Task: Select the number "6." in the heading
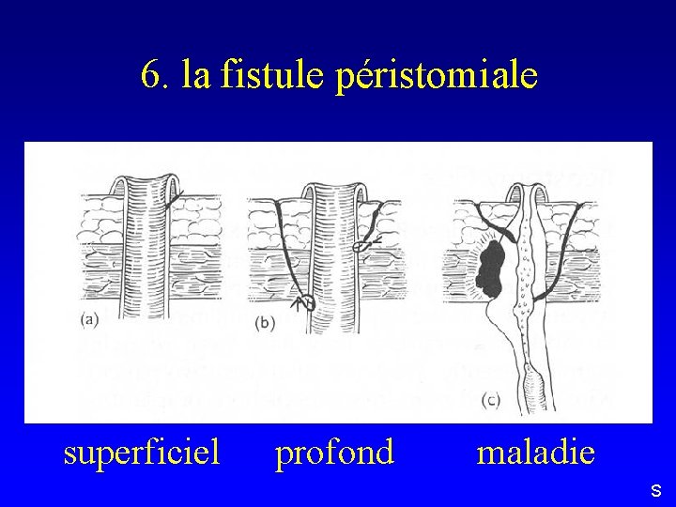(x=155, y=74)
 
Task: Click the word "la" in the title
(x=196, y=74)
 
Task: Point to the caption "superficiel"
(x=141, y=453)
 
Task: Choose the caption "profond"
(x=334, y=453)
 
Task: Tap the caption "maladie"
(x=535, y=453)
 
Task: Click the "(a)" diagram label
(x=90, y=319)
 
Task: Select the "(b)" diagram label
(x=266, y=322)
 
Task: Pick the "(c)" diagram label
(x=490, y=400)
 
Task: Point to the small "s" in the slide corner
(x=655, y=490)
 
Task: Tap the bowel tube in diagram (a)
(x=146, y=253)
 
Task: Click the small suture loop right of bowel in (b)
(x=361, y=247)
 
